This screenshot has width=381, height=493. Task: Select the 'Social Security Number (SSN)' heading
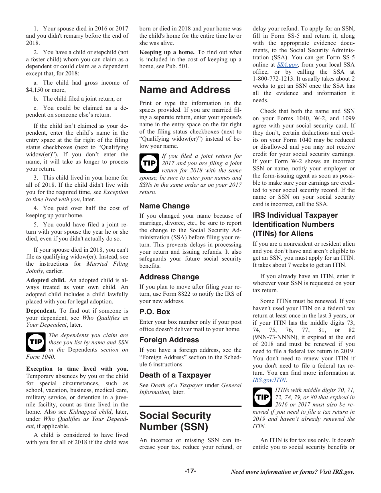pos(175,421)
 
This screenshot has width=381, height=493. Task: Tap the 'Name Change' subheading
pos(164,206)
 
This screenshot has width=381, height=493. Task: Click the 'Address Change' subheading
pos(169,277)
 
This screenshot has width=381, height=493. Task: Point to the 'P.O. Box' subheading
pos(155,312)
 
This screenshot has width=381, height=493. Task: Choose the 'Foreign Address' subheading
pos(169,340)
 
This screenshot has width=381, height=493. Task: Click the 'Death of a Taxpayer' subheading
pos(175,375)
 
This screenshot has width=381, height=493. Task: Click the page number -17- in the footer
pos(190,471)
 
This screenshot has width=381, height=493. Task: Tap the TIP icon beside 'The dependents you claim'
pos(36,342)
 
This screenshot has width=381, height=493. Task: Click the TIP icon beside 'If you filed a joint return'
pos(149,163)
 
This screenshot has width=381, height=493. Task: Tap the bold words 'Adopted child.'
pos(46,280)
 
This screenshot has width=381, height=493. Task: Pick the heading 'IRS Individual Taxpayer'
pos(295,215)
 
